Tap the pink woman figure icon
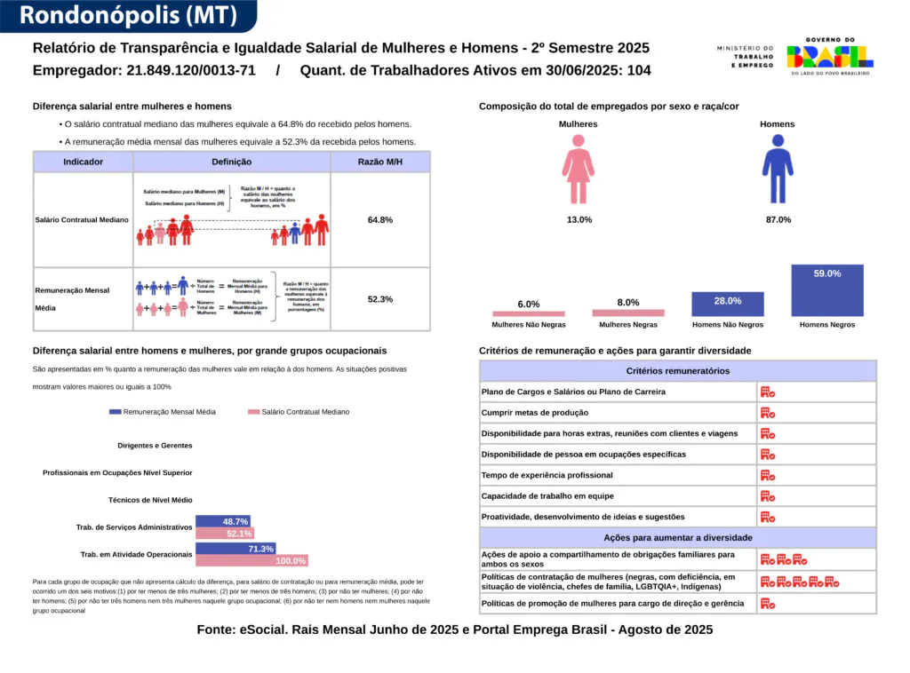pos(579,169)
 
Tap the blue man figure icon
pos(778,169)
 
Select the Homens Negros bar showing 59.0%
pos(826,289)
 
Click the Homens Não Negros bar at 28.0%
pos(728,304)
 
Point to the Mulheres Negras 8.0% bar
pos(628,313)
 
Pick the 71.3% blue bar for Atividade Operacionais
pos(235,549)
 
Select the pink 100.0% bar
pos(251,560)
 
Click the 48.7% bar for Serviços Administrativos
pos(222,521)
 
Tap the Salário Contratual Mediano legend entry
pos(299,412)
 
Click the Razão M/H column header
pos(380,162)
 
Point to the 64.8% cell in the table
pos(380,219)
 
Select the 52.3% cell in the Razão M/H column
pos(380,299)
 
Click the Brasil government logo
pos(829,57)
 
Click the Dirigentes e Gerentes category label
pos(155,445)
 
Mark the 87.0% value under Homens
pos(778,219)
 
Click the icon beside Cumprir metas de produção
pos(768,412)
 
